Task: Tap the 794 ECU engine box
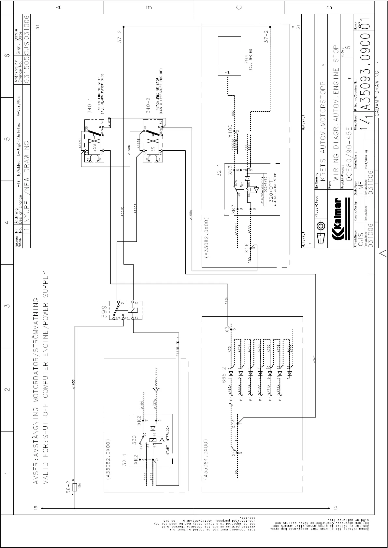click(229, 56)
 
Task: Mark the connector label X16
click(247, 248)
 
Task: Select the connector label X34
click(233, 424)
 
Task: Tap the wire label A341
click(314, 359)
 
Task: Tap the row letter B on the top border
click(149, 7)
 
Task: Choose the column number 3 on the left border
click(7, 306)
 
